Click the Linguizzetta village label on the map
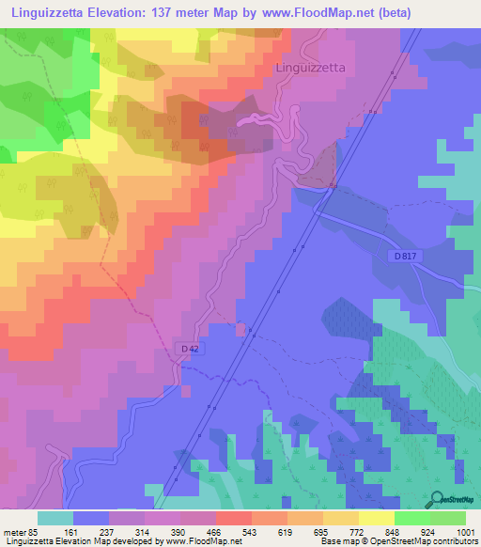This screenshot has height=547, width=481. tap(311, 69)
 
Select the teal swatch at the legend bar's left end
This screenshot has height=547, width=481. tap(54, 518)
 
